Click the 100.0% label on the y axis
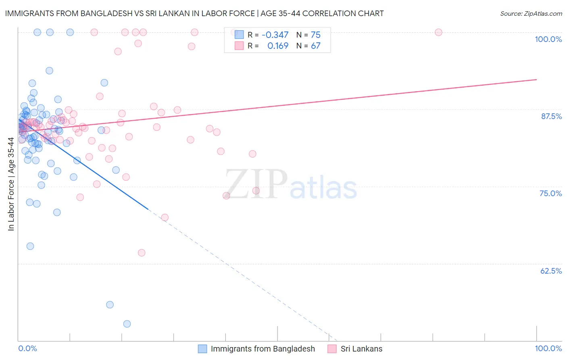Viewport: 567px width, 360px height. (x=548, y=39)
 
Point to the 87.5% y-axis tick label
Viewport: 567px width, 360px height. (x=551, y=116)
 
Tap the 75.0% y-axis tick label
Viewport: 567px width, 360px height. (x=550, y=193)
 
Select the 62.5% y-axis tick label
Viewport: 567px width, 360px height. (x=551, y=271)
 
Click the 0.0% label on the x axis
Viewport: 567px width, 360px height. (x=27, y=348)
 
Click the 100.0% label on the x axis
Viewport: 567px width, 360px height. (x=548, y=348)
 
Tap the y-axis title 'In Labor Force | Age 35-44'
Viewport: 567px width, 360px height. (x=11, y=184)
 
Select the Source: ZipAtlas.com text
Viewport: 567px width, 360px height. (x=531, y=13)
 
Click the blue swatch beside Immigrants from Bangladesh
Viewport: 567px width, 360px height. (x=202, y=349)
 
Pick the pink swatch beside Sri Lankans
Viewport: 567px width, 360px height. (x=332, y=349)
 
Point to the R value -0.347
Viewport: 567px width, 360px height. (x=275, y=35)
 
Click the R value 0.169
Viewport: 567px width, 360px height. (x=278, y=46)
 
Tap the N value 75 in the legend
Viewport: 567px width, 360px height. (x=315, y=35)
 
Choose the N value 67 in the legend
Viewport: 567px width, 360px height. (x=315, y=46)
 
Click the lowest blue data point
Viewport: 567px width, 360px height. (x=127, y=324)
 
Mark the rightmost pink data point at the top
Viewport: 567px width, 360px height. (x=438, y=32)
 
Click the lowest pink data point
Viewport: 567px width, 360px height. (x=142, y=253)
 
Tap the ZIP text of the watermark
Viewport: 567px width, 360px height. (x=256, y=184)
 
